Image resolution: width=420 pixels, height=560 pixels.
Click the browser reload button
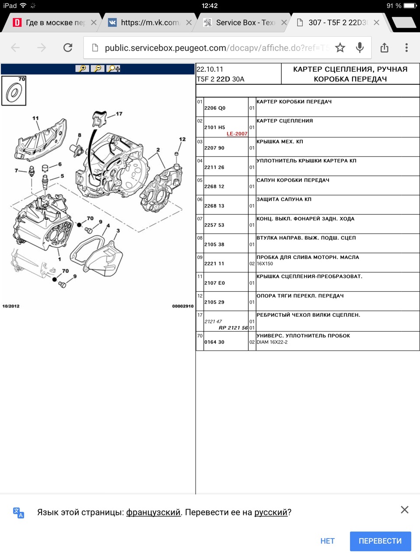pos(68,48)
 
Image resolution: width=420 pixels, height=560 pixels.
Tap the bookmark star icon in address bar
pos(340,48)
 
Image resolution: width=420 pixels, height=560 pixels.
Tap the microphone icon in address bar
pos(360,48)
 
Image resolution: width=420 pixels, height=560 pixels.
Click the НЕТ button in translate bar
pos(327,541)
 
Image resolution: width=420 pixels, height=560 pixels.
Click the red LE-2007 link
pos(237,134)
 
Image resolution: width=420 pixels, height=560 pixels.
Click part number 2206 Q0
pos(215,108)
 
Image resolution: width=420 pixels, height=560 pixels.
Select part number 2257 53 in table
pos(214,225)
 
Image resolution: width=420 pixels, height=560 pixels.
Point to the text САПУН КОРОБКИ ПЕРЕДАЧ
pos(293,180)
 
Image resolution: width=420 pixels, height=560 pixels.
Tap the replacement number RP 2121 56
pos(233,328)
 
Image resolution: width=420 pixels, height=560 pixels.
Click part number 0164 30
pos(214,342)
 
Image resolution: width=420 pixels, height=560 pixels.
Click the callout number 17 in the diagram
pos(119,114)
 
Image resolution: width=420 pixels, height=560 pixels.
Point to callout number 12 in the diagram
pos(182,140)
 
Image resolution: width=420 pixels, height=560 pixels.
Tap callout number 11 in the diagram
pos(35,118)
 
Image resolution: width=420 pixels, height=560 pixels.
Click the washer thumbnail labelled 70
pos(14,91)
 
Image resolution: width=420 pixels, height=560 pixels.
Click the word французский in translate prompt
pos(153,512)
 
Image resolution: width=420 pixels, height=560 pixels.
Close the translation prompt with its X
pos(405,510)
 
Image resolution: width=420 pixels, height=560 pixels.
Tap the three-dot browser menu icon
pos(406,48)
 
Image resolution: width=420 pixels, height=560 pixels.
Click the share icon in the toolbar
pos(384,48)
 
